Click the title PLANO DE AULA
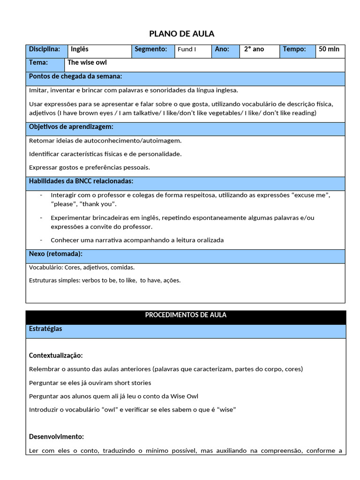(x=181, y=33)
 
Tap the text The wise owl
(x=87, y=62)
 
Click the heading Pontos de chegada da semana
(x=75, y=76)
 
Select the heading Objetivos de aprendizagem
(x=71, y=127)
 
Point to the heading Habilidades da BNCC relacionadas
(x=81, y=181)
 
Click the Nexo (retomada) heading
(x=56, y=254)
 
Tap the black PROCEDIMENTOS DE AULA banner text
(x=186, y=315)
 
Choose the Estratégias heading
(x=45, y=329)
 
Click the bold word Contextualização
(x=56, y=356)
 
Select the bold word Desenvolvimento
(x=56, y=436)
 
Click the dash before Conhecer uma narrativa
(x=41, y=240)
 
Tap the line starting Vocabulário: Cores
(x=82, y=267)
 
